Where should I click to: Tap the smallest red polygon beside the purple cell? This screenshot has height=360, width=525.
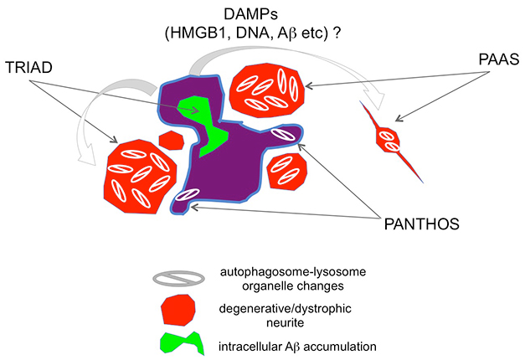[x=172, y=139]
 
